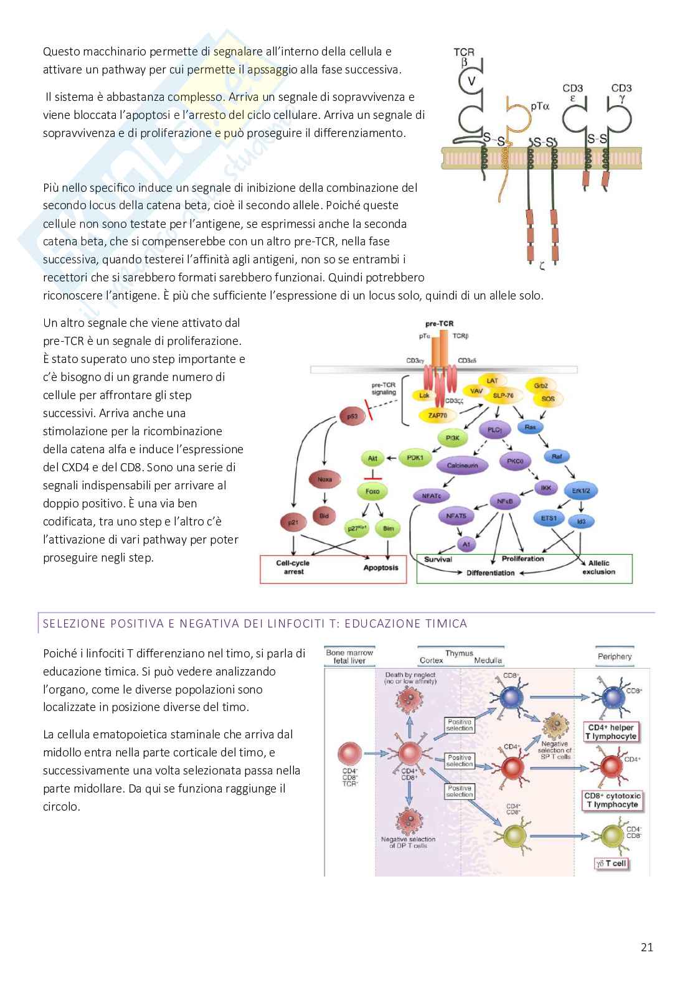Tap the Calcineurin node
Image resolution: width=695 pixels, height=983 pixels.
click(461, 465)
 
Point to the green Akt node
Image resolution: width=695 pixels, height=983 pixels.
click(372, 459)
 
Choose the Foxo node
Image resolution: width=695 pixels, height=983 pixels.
click(372, 491)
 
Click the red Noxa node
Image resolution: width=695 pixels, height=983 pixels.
click(324, 479)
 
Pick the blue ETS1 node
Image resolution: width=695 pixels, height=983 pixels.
click(549, 518)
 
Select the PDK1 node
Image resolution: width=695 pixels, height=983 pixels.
click(415, 458)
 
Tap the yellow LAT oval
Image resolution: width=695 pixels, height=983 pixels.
click(492, 380)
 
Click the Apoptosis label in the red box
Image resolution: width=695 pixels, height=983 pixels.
click(381, 568)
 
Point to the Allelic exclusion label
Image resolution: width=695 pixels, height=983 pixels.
click(598, 567)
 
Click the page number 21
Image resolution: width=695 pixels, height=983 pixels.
click(646, 948)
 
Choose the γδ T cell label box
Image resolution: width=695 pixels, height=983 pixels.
click(611, 863)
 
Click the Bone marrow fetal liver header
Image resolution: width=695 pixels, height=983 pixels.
click(349, 657)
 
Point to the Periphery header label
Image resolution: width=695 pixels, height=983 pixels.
click(614, 656)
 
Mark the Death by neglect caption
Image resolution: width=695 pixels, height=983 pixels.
click(410, 677)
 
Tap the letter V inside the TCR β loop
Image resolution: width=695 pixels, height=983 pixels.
click(471, 81)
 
